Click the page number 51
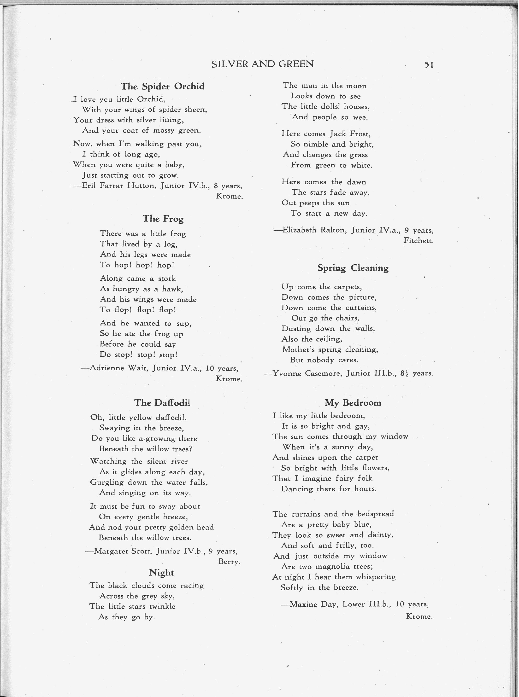[429, 65]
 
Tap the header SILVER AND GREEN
[262, 64]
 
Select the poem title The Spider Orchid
[162, 86]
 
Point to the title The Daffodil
[162, 402]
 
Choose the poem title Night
[161, 572]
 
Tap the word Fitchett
[419, 241]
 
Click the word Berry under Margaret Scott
[229, 561]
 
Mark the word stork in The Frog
[167, 279]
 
